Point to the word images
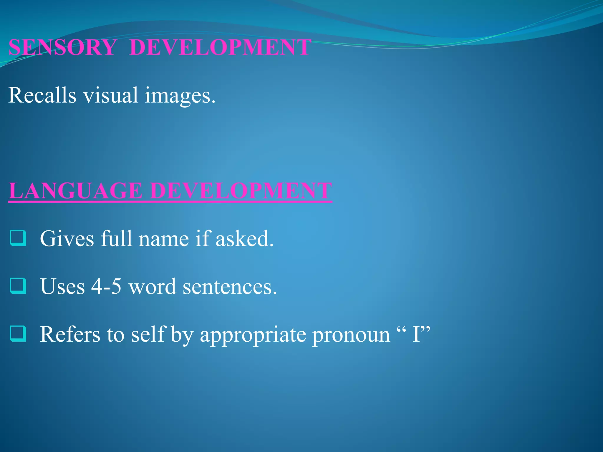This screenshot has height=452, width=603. [x=180, y=96]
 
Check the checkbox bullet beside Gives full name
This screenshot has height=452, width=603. [x=18, y=238]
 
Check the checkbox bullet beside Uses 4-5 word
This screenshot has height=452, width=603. [x=18, y=286]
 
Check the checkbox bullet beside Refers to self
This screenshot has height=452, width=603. [x=18, y=334]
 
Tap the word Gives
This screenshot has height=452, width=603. [x=67, y=238]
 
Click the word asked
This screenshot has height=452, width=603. [x=244, y=238]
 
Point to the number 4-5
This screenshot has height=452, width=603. [x=106, y=286]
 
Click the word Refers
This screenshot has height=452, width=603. [x=70, y=334]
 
